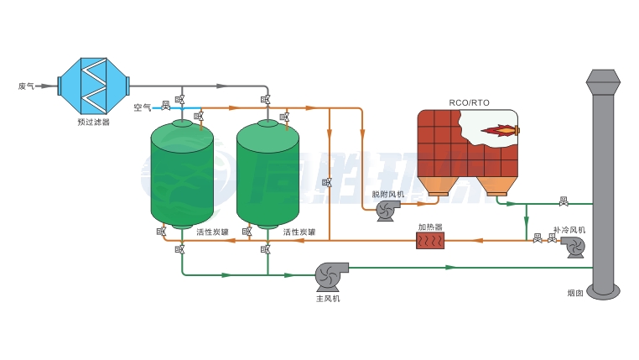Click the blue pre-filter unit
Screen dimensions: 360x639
pyautogui.click(x=93, y=85)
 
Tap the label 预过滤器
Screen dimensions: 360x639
pyautogui.click(x=93, y=123)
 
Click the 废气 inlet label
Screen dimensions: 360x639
pyautogui.click(x=26, y=86)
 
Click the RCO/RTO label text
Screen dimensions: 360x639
pyautogui.click(x=470, y=103)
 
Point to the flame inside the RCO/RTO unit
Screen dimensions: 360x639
pyautogui.click(x=496, y=131)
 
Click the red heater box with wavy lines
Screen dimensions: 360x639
pyautogui.click(x=433, y=241)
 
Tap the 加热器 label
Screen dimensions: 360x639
pyautogui.click(x=430, y=227)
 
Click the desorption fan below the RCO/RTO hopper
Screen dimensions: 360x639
pyautogui.click(x=388, y=211)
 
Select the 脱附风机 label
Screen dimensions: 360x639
pyautogui.click(x=388, y=195)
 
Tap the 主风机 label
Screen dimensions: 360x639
pyautogui.click(x=328, y=298)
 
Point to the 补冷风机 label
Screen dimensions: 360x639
pyautogui.click(x=569, y=229)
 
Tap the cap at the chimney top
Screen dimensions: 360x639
pyautogui.click(x=603, y=81)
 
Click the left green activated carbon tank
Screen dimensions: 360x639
pyautogui.click(x=181, y=175)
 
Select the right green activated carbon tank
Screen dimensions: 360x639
pyautogui.click(x=268, y=175)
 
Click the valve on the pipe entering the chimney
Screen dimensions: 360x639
pyautogui.click(x=564, y=201)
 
